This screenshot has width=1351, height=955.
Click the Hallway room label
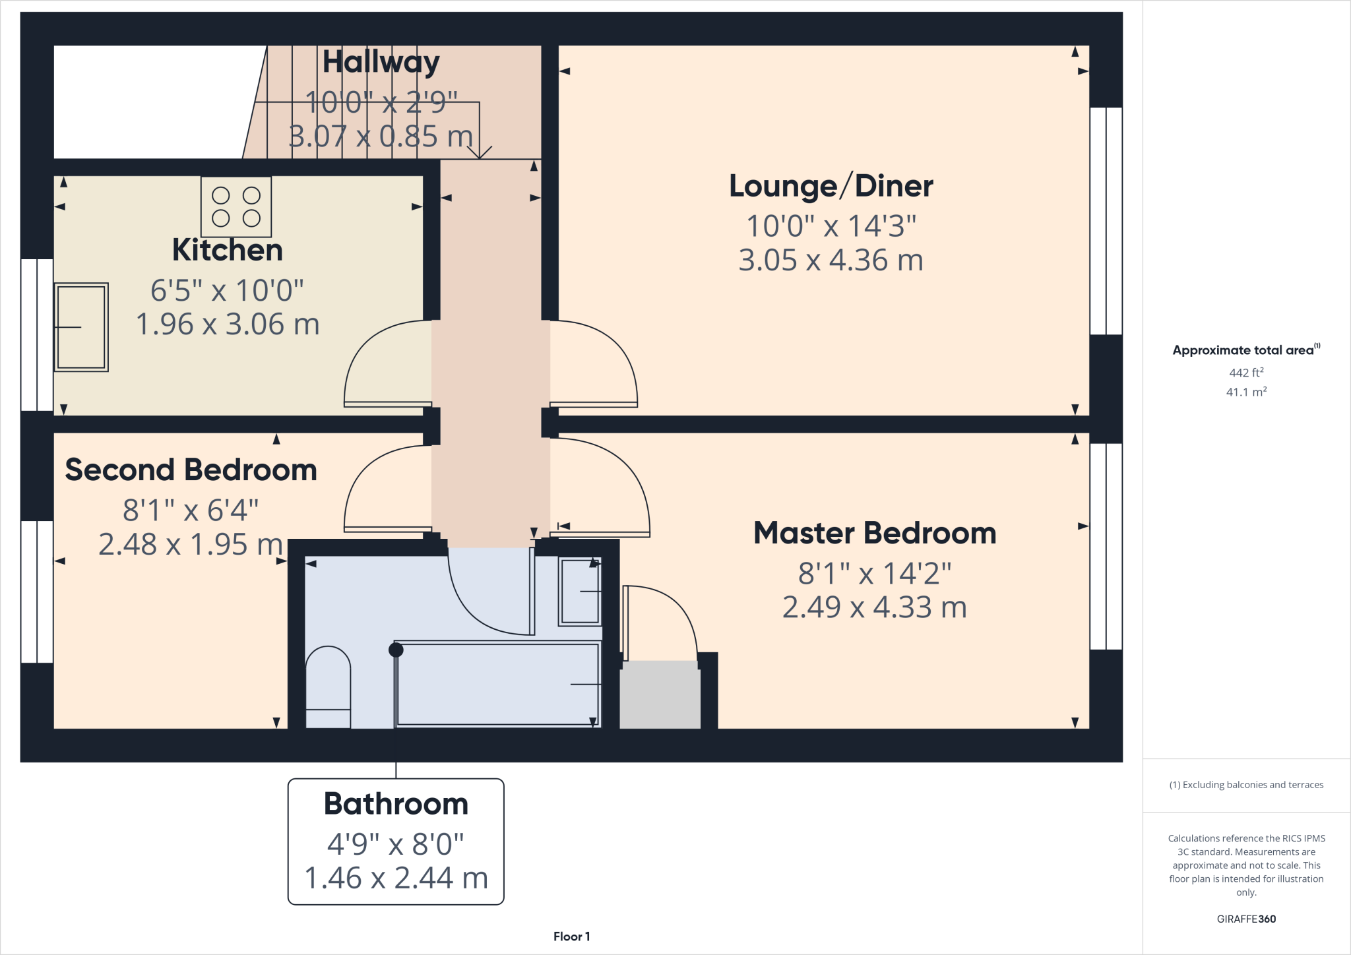(381, 62)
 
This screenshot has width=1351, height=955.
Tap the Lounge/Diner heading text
(831, 186)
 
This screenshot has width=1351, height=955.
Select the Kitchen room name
(228, 250)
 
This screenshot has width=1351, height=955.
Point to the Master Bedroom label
(875, 533)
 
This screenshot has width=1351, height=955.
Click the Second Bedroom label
(191, 470)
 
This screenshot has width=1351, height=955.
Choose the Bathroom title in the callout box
(396, 804)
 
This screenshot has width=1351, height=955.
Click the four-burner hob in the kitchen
(236, 206)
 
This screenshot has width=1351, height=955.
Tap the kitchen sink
(81, 327)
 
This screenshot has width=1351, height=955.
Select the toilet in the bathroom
(328, 687)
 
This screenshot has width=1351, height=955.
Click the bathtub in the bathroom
(498, 684)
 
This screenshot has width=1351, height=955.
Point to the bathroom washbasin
(580, 591)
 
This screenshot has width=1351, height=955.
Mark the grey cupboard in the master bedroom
(660, 695)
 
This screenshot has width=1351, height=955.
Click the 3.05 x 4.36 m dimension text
(831, 261)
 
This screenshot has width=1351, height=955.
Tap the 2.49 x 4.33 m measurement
(875, 607)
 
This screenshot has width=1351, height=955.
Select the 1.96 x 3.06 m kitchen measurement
(228, 324)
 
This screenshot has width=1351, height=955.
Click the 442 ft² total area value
(1246, 373)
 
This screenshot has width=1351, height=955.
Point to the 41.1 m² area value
(1246, 392)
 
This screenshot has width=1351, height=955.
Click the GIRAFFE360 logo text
(1246, 919)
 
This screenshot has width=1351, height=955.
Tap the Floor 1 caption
(571, 937)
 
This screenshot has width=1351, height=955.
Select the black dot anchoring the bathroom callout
(396, 650)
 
